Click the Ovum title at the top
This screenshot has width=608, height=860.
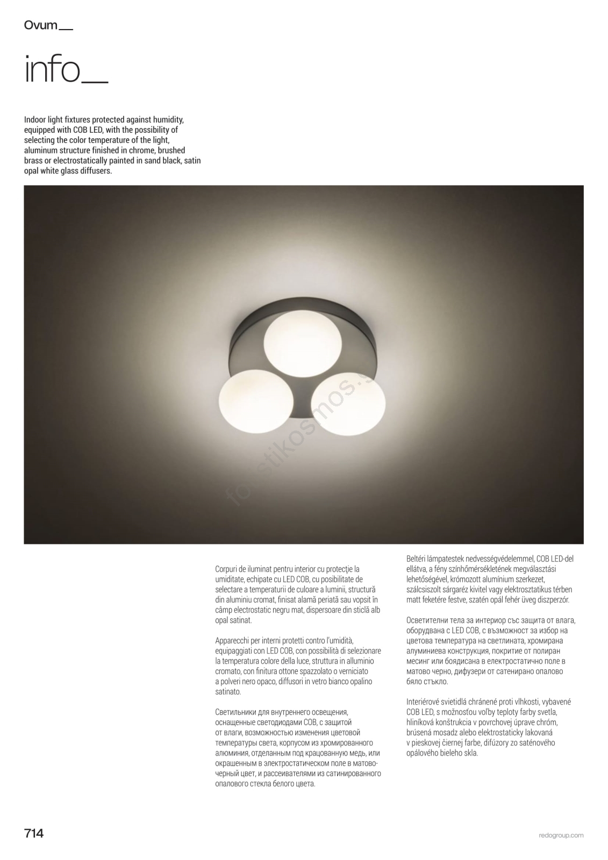(41, 25)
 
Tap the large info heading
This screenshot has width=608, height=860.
(52, 70)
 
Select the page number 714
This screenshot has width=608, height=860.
(34, 833)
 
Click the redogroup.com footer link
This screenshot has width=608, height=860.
(561, 835)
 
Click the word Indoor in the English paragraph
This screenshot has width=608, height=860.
(36, 120)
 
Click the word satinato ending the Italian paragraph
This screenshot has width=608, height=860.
(228, 692)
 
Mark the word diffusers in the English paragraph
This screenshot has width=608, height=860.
(96, 171)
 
